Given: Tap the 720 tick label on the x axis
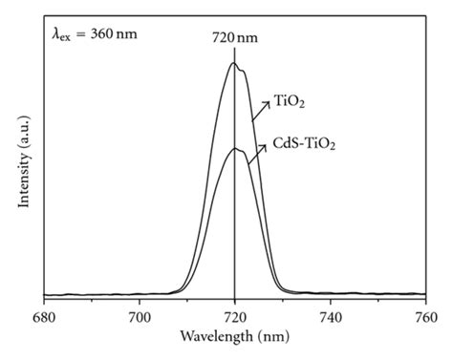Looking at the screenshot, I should tap(235, 316).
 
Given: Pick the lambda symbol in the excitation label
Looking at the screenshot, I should tap(56, 33).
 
